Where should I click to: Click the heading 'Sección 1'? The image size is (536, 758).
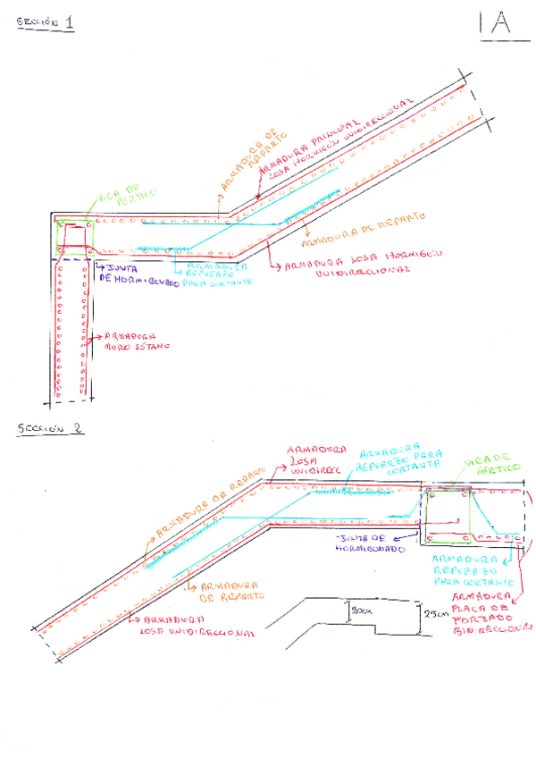pos(45,24)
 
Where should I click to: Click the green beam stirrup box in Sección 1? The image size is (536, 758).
pos(75,235)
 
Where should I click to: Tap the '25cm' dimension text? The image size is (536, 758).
pos(435,615)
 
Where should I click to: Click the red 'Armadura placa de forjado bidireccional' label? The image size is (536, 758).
pos(488,613)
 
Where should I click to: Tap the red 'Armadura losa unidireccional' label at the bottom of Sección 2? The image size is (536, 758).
pos(192,624)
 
